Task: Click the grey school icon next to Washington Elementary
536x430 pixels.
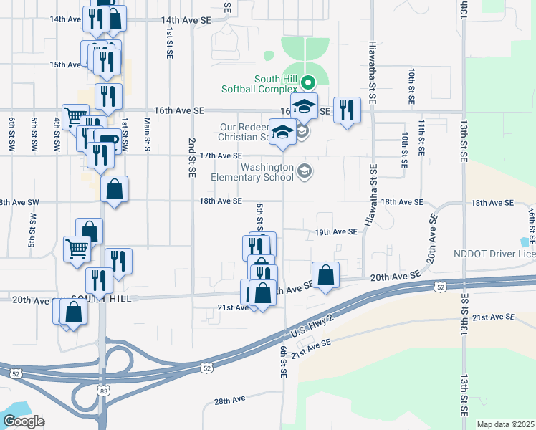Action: (x=306, y=171)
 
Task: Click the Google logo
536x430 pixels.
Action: (x=24, y=421)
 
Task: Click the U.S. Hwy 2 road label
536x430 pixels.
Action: (x=312, y=327)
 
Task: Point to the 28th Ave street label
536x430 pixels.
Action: (x=229, y=398)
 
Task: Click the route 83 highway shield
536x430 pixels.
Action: (x=102, y=390)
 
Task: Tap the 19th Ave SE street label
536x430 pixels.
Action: (x=336, y=232)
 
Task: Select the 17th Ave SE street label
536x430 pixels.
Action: (x=220, y=156)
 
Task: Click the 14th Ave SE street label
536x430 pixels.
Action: (x=186, y=21)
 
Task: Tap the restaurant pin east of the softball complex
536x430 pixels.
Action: (x=347, y=110)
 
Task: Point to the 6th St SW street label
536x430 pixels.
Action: (x=12, y=133)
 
